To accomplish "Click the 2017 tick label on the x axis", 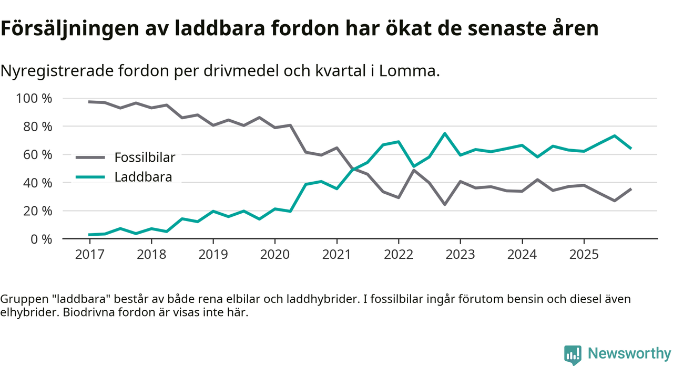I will pyautogui.click(x=89, y=255).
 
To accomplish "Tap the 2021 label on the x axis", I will pyautogui.click(x=336, y=255).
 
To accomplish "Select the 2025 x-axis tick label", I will pyautogui.click(x=584, y=255).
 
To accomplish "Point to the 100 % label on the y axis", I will pyautogui.click(x=34, y=98).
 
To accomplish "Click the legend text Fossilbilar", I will pyautogui.click(x=145, y=157).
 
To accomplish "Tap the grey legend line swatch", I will pyautogui.click(x=90, y=157).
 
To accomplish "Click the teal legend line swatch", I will pyautogui.click(x=90, y=177).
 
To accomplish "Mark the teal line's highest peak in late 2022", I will pyautogui.click(x=445, y=133).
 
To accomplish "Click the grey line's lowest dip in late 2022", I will pyautogui.click(x=445, y=204).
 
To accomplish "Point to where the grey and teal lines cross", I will pyautogui.click(x=353, y=169).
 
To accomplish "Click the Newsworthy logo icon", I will pyautogui.click(x=573, y=354).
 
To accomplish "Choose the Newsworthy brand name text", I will pyautogui.click(x=629, y=354).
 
